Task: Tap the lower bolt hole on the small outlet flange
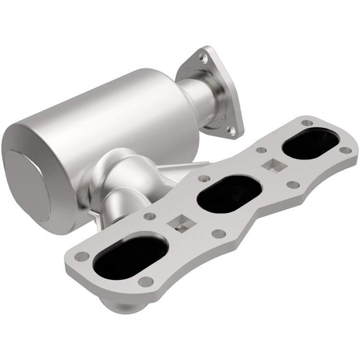pyautogui.click(x=231, y=130)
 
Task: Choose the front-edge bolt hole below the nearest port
pyautogui.click(x=146, y=282)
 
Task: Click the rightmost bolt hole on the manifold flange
pyautogui.click(x=345, y=150)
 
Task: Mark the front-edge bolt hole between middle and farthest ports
pyautogui.click(x=290, y=184)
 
